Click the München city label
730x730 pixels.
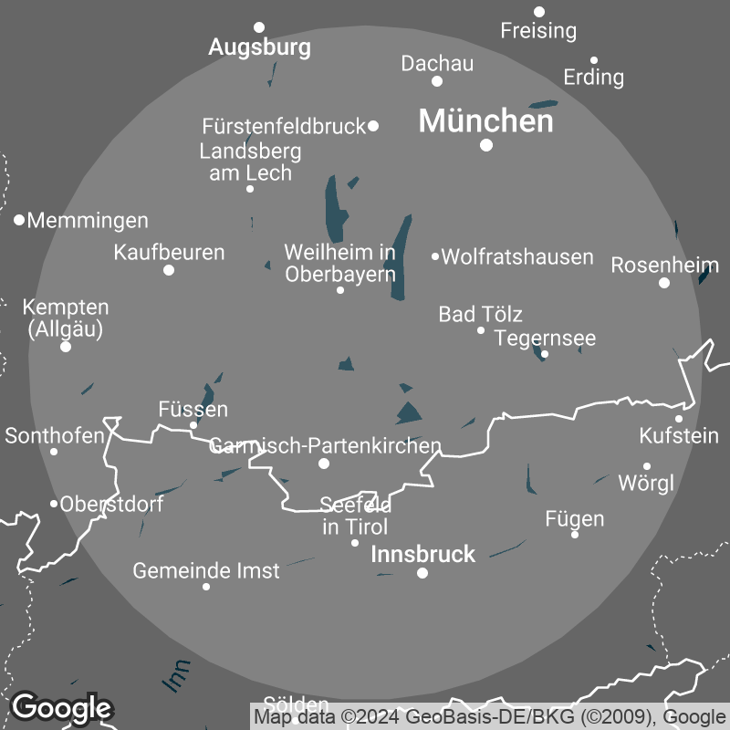click(485, 121)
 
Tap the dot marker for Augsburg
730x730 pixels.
click(259, 27)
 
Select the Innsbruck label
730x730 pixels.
click(423, 554)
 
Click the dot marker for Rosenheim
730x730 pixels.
click(664, 283)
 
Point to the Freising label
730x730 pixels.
click(538, 31)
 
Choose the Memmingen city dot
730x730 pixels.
click(19, 220)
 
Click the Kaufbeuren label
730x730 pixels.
click(169, 252)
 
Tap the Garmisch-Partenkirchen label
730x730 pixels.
click(325, 446)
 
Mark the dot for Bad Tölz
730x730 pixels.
click(481, 330)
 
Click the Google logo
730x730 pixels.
click(61, 706)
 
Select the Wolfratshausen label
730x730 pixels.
click(517, 257)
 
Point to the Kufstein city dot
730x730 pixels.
click(679, 419)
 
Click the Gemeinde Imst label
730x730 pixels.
click(206, 571)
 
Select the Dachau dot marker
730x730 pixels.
click(437, 81)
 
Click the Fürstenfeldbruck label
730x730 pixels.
click(284, 126)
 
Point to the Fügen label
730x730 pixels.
click(574, 519)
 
